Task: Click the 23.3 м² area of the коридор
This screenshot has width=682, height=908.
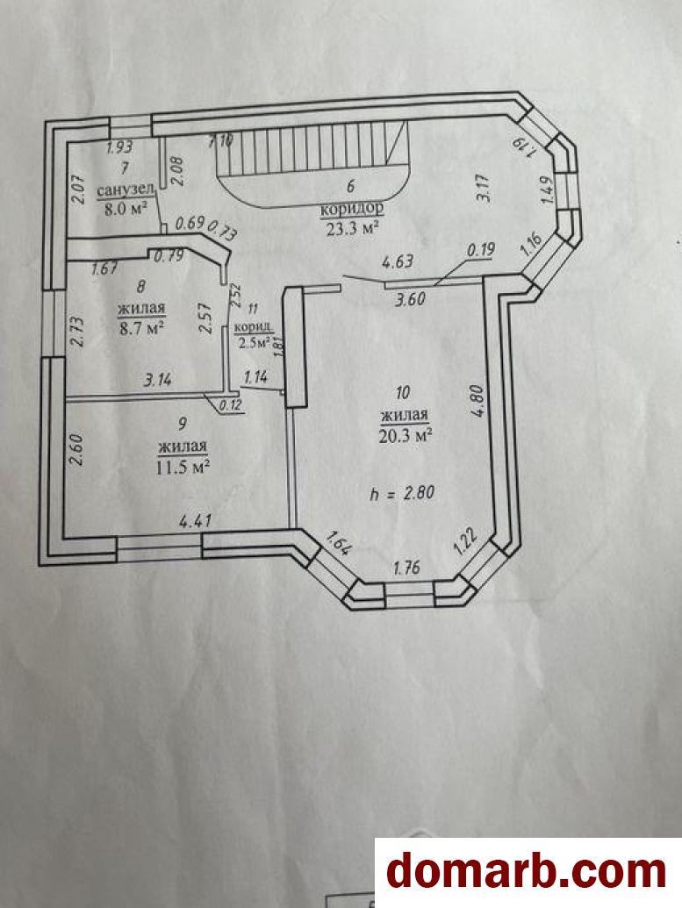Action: coord(348,229)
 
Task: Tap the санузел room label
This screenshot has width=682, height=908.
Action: coord(126,190)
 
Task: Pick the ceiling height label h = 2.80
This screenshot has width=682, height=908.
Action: coord(403,493)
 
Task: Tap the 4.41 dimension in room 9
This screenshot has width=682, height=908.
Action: coord(196,521)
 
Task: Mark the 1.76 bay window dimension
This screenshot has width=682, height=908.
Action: coord(406,568)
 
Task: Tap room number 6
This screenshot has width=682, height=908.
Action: coord(350,186)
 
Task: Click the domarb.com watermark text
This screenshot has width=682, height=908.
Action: coord(526,872)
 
